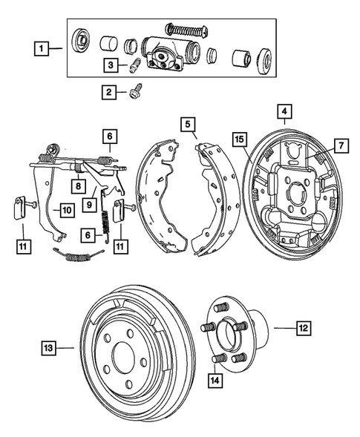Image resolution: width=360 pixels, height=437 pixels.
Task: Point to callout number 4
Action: (283, 113)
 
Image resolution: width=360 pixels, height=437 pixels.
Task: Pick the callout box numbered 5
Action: (189, 124)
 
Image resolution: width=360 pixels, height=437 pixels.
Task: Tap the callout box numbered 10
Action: (65, 210)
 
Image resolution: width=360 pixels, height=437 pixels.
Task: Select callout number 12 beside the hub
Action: (304, 326)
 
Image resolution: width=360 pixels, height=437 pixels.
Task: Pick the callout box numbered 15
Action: (239, 139)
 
